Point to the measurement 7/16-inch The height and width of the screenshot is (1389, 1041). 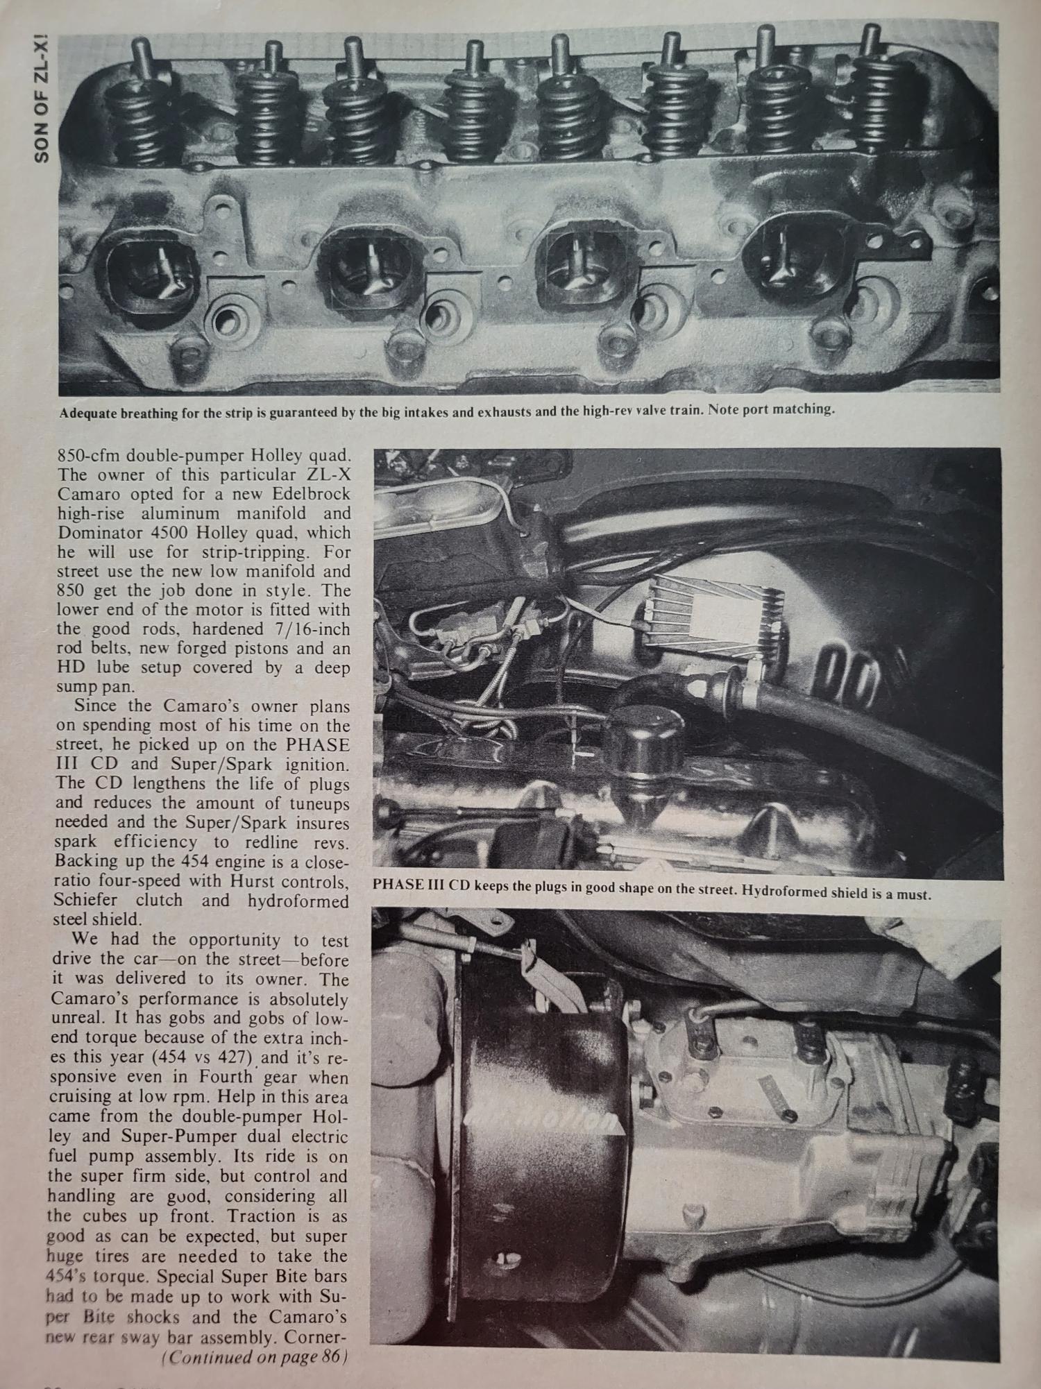(309, 629)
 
